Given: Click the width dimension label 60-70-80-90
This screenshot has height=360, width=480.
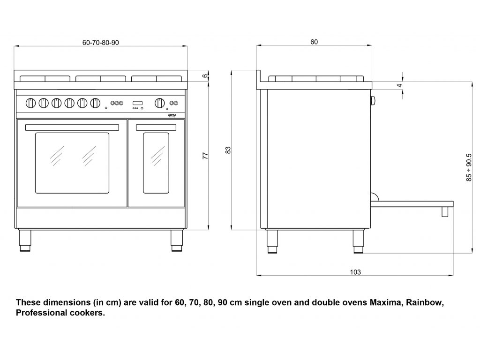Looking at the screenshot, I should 100,42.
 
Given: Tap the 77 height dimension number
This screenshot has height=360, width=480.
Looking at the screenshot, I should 205,156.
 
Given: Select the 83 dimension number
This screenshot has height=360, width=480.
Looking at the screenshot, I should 228,150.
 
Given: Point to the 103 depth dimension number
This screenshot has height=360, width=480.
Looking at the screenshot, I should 355,272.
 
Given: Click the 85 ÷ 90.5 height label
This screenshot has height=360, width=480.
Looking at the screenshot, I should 468,167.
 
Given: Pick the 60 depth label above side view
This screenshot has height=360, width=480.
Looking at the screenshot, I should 314,42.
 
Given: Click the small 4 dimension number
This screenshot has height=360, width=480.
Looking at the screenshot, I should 399,85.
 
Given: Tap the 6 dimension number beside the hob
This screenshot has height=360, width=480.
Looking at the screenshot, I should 205,76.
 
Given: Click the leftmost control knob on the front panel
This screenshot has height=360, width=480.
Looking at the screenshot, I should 30,102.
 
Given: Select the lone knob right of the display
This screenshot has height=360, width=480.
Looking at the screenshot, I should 159,103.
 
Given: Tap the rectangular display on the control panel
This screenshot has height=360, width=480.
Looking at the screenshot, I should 138,103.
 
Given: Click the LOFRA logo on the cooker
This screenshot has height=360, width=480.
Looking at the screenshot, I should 172,114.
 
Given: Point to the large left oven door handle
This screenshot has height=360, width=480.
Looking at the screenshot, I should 72,127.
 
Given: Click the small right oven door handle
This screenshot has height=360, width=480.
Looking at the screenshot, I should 156,127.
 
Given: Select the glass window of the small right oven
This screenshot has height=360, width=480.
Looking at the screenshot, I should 156,163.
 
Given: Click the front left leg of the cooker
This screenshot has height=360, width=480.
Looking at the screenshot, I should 25,240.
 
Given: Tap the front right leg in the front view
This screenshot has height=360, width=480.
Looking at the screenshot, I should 177,240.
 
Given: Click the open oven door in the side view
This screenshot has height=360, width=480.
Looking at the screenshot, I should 412,203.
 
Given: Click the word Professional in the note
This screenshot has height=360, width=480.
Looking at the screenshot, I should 38,313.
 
